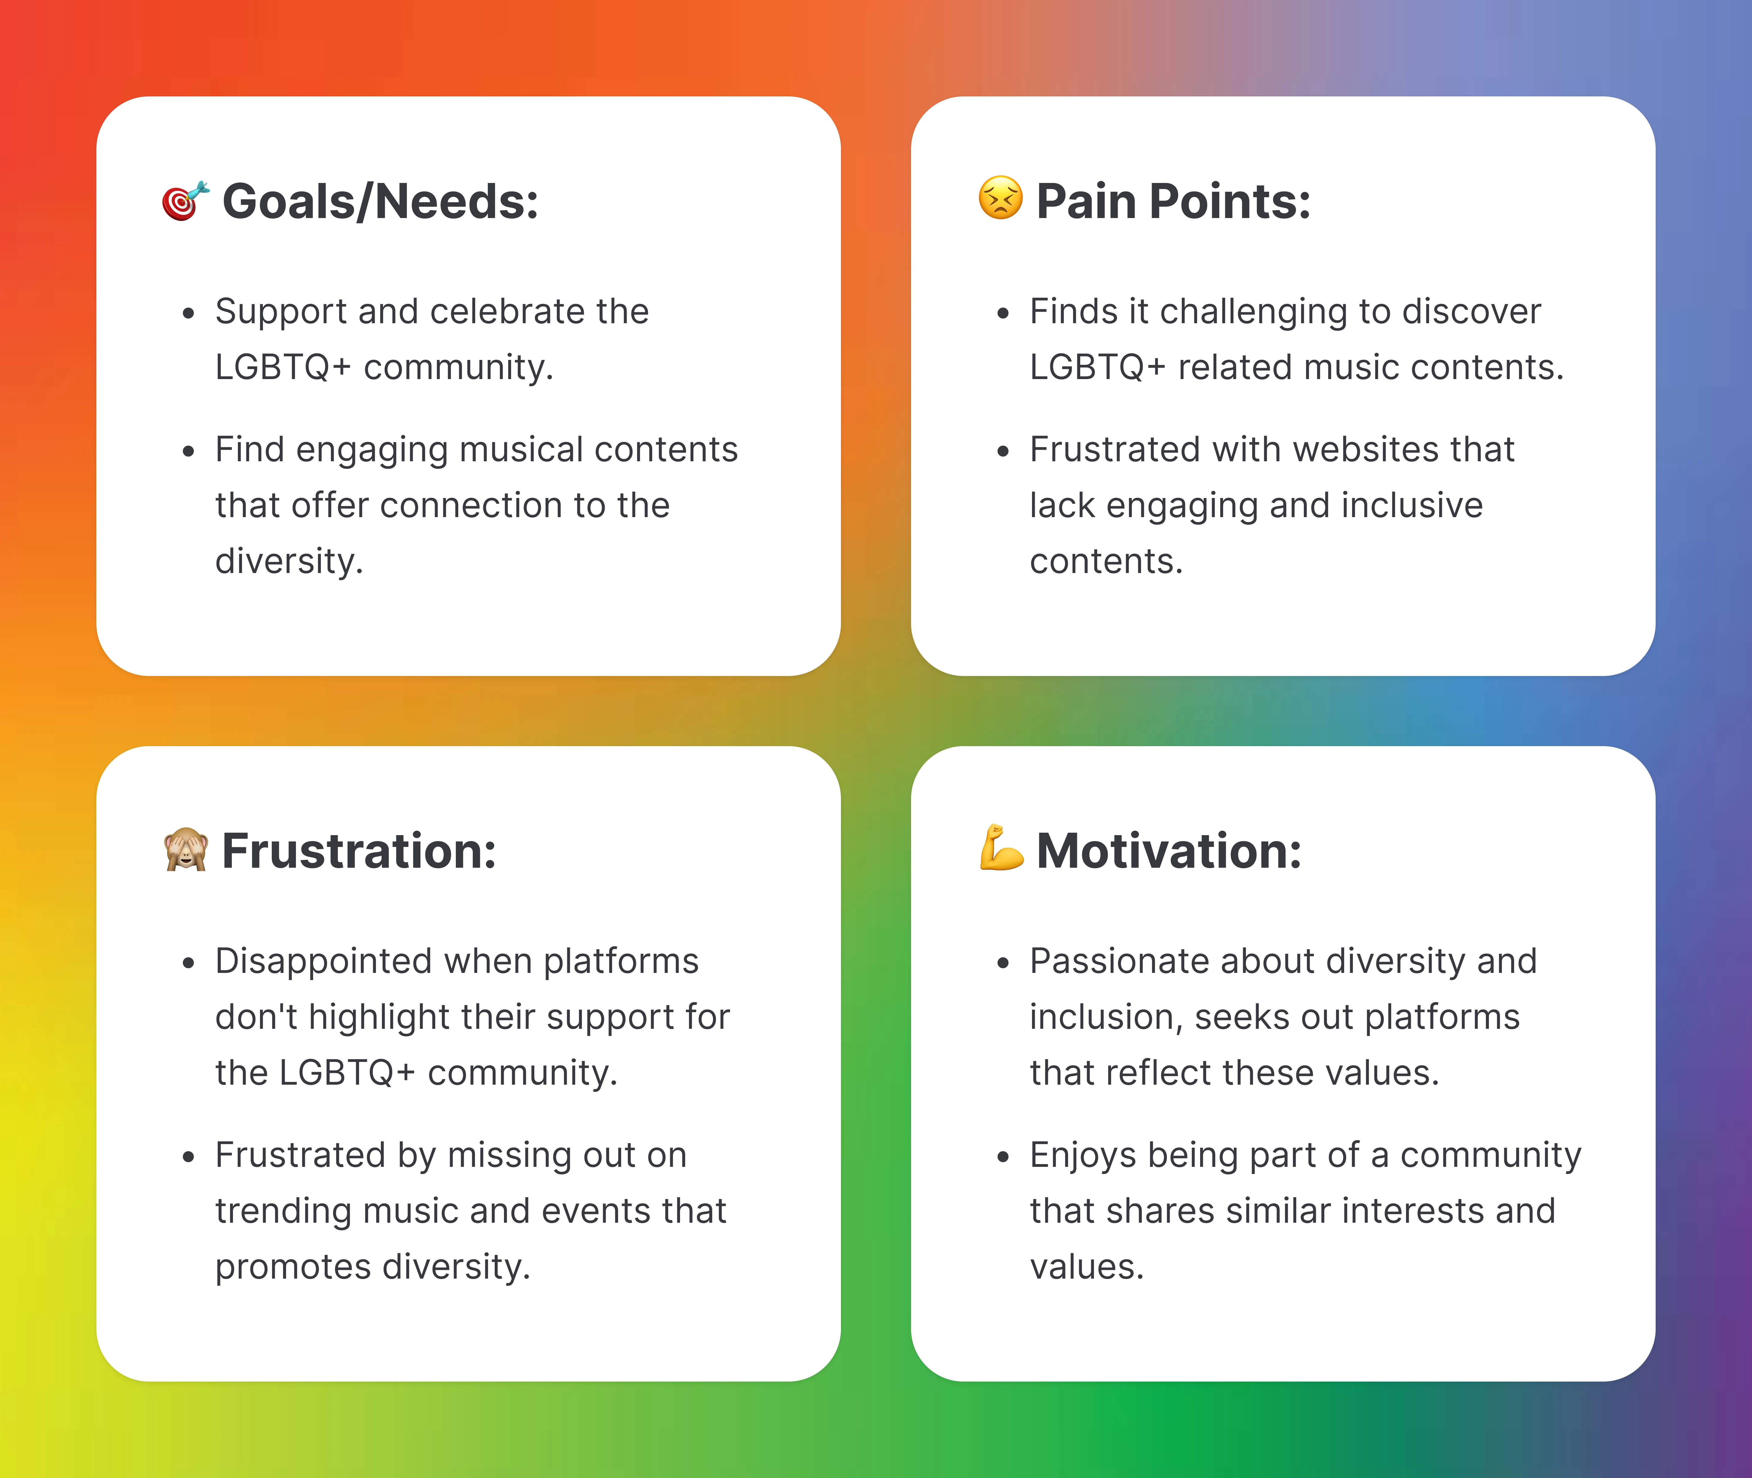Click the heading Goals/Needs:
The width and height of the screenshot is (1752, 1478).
380,202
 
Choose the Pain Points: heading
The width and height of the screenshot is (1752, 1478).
1173,202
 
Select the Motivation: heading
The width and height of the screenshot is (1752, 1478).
1169,851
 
